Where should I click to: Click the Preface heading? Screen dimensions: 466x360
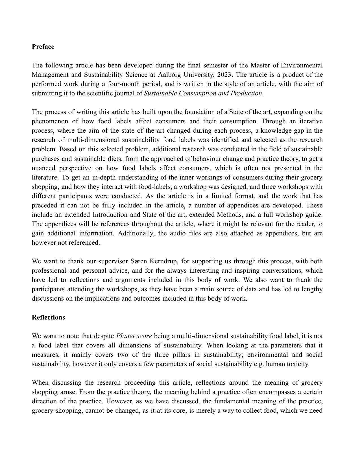click(x=43, y=47)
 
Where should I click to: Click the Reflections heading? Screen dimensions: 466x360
click(x=48, y=317)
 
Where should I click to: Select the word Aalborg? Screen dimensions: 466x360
click(x=169, y=75)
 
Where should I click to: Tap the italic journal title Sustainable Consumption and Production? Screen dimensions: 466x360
click(x=203, y=93)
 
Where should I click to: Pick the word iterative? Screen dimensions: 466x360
click(x=311, y=121)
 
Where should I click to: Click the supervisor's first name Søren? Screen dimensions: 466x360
click(x=140, y=261)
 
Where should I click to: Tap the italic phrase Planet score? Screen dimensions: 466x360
click(x=134, y=336)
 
